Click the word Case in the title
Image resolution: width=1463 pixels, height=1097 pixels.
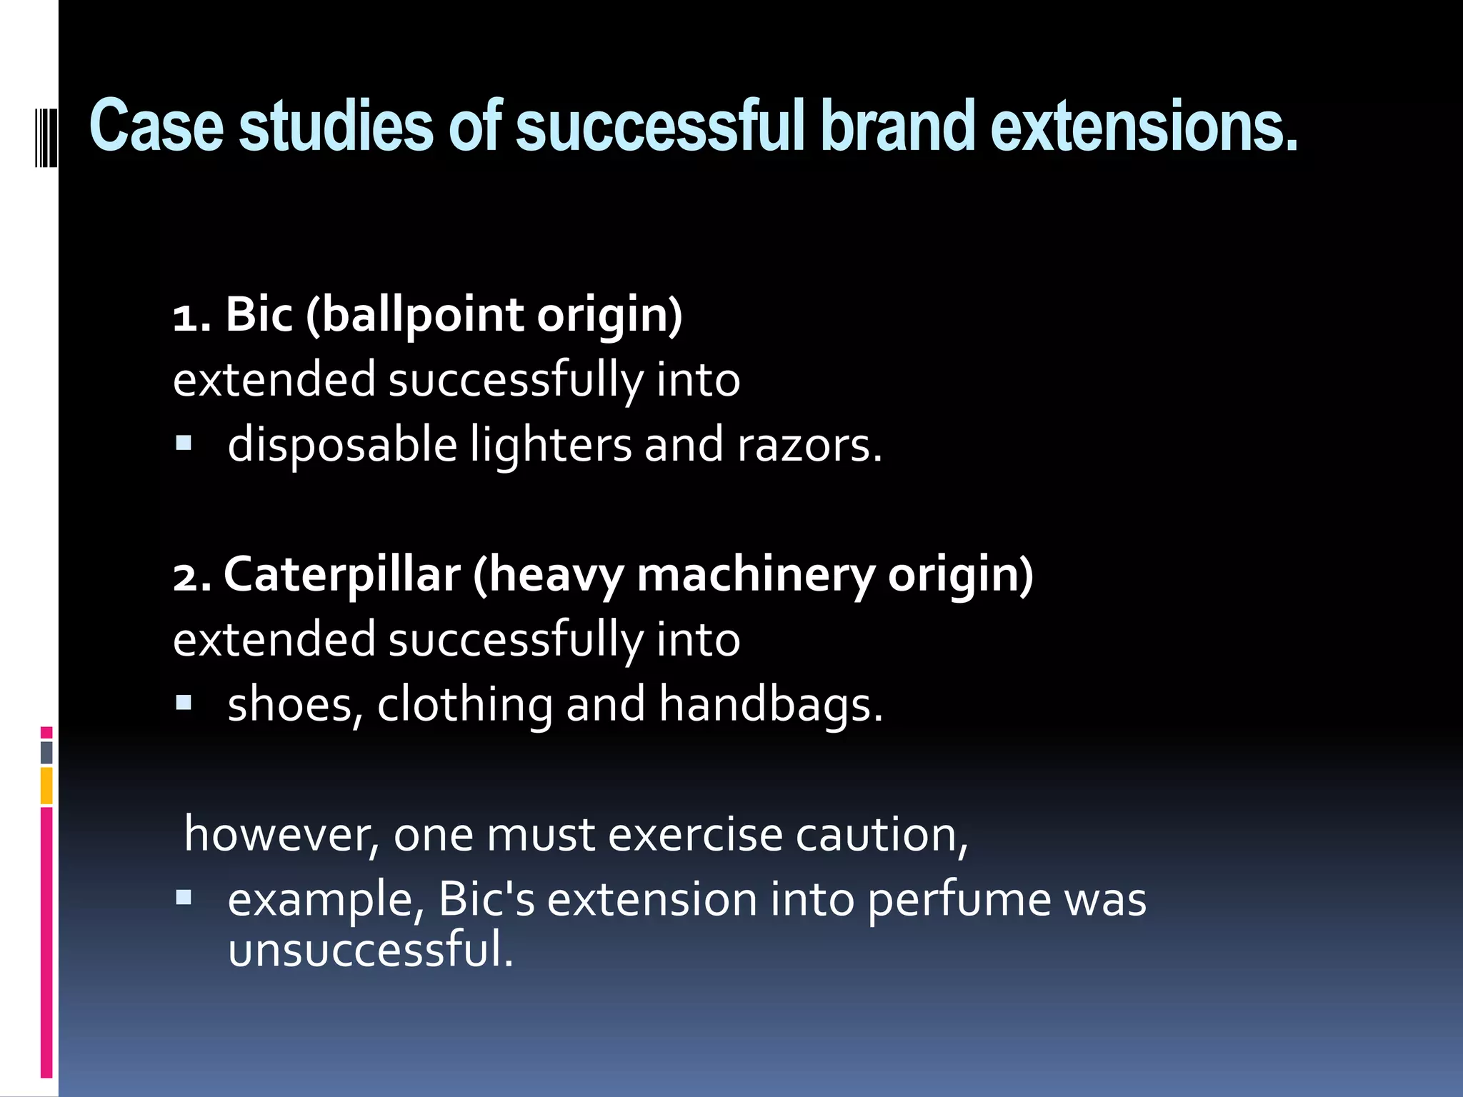[x=156, y=126]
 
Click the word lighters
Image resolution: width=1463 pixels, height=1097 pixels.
[x=551, y=445]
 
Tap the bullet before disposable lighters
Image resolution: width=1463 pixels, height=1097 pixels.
[x=184, y=444]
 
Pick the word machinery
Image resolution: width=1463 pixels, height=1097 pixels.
[x=755, y=576]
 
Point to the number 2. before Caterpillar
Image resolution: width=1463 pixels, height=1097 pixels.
[x=192, y=576]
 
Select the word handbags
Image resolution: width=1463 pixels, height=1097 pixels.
[x=771, y=705]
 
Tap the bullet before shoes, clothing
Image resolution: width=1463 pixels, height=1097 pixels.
[x=184, y=703]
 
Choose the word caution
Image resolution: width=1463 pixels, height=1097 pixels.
[x=882, y=834]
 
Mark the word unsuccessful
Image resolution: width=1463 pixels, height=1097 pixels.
[x=370, y=950]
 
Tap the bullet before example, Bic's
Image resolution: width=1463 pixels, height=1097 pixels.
[x=184, y=898]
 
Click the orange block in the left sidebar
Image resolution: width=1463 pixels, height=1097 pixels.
[x=46, y=786]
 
